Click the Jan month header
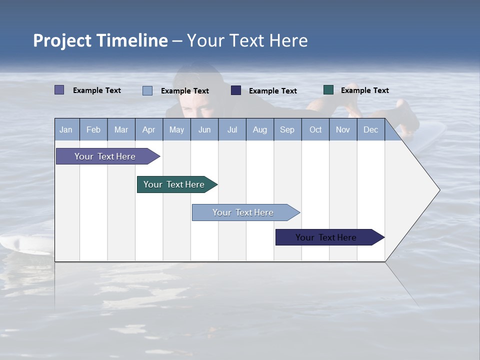(x=66, y=129)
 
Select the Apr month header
(x=148, y=129)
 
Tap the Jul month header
(x=232, y=129)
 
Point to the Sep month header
(x=287, y=129)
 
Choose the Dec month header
(x=370, y=129)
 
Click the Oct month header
(x=315, y=129)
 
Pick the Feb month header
(x=93, y=129)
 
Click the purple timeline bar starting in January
(x=105, y=156)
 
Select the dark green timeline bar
(x=174, y=184)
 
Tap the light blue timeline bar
(x=243, y=212)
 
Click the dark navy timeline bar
(x=326, y=237)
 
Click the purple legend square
(x=59, y=90)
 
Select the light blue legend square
(x=147, y=90)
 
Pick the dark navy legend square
(x=236, y=90)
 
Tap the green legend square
(x=328, y=90)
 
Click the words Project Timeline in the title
(x=100, y=40)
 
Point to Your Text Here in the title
(x=247, y=40)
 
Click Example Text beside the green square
(x=364, y=90)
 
